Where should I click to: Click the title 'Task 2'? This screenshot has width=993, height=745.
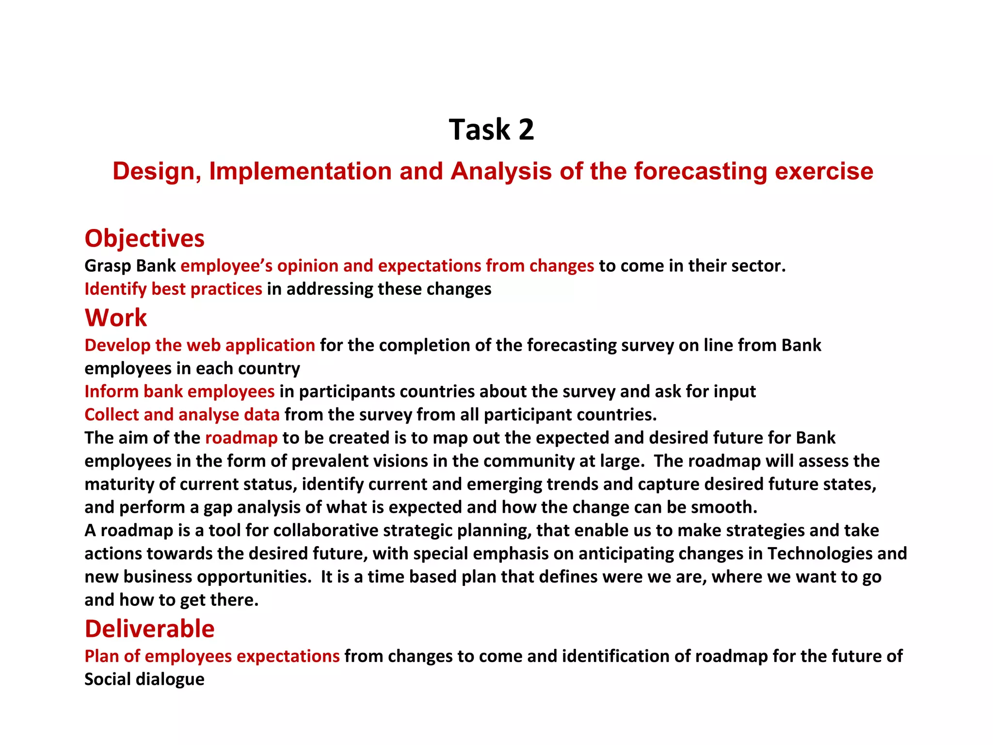(x=491, y=130)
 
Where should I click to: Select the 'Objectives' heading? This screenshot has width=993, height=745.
(x=144, y=239)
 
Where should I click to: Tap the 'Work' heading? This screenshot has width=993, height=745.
(x=115, y=318)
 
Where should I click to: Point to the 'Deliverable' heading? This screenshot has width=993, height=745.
(x=149, y=629)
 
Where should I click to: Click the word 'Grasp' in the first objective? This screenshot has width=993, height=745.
(x=108, y=266)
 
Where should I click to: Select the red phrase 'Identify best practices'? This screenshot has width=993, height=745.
(x=173, y=289)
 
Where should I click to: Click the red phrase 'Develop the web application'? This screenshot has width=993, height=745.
(x=199, y=345)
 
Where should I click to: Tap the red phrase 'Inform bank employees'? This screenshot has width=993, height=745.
(x=179, y=391)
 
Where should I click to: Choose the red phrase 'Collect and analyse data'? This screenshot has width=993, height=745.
(x=182, y=415)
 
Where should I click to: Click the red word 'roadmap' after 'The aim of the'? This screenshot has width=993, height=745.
(x=241, y=438)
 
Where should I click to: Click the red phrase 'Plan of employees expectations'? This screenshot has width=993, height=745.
(x=212, y=656)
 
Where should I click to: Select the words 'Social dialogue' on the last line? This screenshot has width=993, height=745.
(x=144, y=679)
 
